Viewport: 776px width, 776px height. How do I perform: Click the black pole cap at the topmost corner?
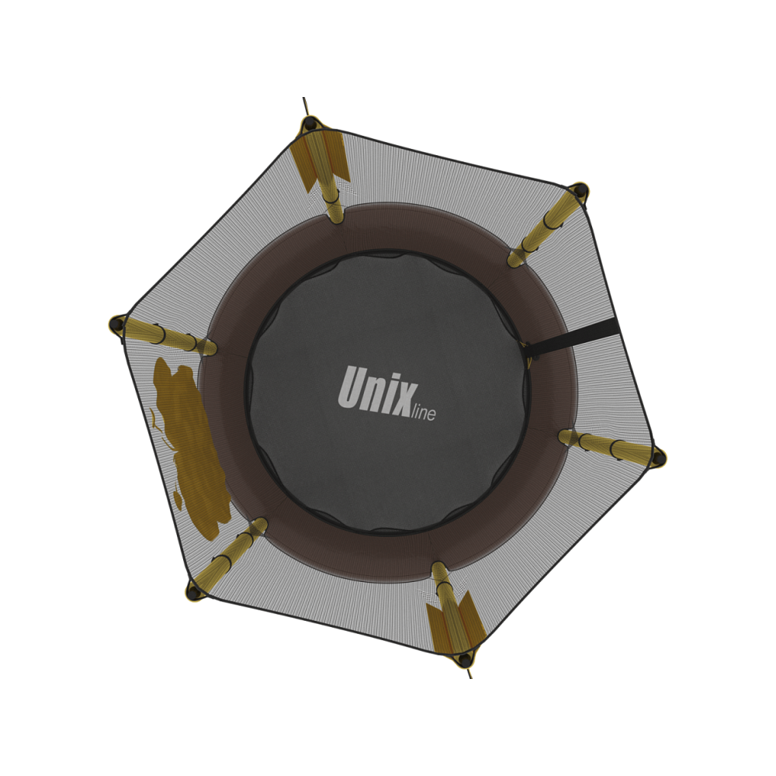pos(310,123)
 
